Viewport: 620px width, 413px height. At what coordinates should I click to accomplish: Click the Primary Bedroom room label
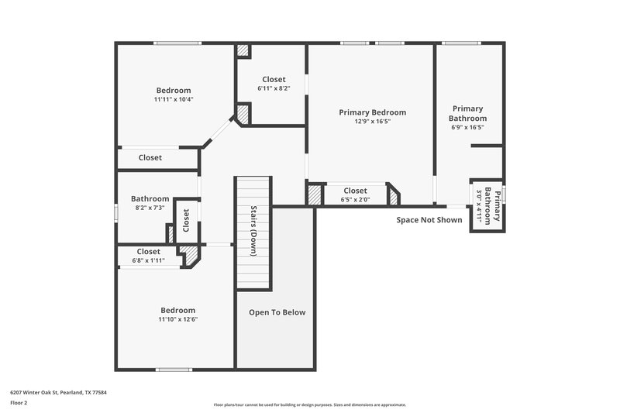tap(372, 112)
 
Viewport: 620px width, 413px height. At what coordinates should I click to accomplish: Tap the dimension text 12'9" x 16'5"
tap(372, 122)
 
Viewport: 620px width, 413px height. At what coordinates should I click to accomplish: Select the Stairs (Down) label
tap(253, 231)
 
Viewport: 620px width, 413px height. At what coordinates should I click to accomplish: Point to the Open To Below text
tap(277, 312)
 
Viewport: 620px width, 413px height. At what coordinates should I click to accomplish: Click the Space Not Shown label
tap(429, 220)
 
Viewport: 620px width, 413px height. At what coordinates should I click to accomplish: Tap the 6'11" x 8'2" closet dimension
tap(274, 88)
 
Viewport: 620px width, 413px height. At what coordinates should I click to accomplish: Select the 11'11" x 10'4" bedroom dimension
tap(174, 99)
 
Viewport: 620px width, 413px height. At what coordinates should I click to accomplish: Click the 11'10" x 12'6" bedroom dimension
tap(177, 319)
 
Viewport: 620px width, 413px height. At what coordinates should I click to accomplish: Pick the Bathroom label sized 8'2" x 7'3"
tap(150, 199)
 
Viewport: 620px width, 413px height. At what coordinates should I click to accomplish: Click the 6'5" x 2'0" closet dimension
tap(355, 200)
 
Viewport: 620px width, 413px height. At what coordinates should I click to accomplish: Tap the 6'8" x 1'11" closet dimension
tap(148, 261)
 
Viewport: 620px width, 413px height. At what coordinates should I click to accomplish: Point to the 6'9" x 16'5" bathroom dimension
tap(468, 128)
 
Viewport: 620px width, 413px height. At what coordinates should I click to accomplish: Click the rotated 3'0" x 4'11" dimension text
tap(480, 207)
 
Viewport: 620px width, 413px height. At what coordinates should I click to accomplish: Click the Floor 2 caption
tap(19, 403)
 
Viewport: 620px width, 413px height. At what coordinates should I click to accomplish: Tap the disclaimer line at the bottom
tap(310, 404)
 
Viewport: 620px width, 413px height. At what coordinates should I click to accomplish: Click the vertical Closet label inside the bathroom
tap(185, 221)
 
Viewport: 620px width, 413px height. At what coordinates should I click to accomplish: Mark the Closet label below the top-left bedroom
tap(150, 158)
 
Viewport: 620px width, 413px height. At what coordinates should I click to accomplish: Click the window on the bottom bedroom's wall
tap(174, 369)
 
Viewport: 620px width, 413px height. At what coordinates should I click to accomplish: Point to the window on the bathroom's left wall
tap(117, 212)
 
